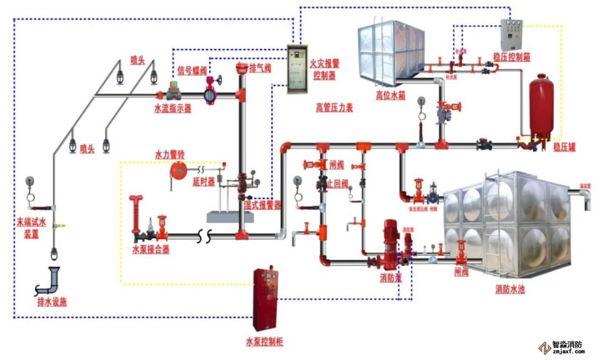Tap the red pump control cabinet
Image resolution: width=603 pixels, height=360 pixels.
point(266,299)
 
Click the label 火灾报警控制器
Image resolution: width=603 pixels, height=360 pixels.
point(324,70)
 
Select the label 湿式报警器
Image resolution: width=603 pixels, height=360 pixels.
point(262,205)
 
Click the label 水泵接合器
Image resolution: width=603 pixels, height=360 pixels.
point(151,249)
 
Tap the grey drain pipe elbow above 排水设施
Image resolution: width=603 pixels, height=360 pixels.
point(54,279)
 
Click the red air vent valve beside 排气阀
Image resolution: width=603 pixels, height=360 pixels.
point(242,70)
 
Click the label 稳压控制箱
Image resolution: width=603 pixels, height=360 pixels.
point(511,57)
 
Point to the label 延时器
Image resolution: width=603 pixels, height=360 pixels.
point(203,182)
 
